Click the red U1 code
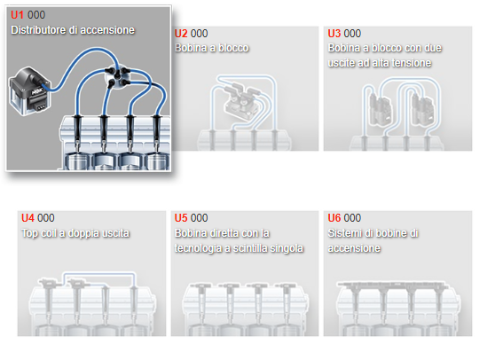tap(17, 15)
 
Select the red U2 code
tap(181, 34)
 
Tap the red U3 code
tap(334, 34)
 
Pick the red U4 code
tap(27, 218)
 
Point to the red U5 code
tap(181, 218)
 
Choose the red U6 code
tap(334, 218)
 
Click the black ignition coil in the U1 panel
tap(29, 90)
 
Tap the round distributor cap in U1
tap(117, 75)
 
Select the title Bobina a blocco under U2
tap(211, 48)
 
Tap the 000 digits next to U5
tap(200, 218)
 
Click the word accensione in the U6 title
tap(354, 248)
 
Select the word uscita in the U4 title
tap(117, 233)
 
